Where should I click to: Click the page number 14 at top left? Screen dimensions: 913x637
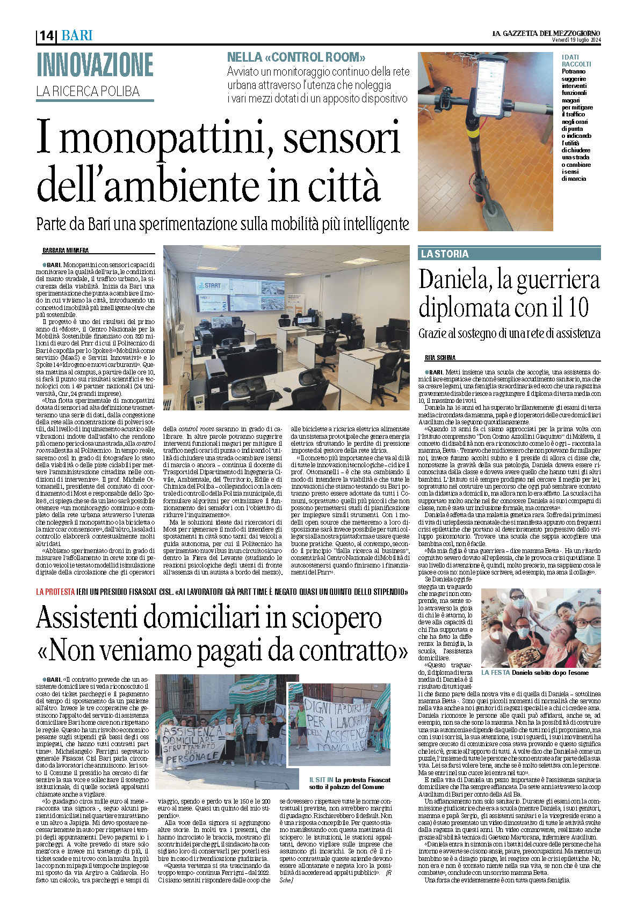[46, 35]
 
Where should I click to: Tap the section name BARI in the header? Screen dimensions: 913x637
[77, 35]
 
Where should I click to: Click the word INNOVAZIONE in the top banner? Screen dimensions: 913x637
[95, 65]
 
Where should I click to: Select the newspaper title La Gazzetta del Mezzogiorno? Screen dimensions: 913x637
[546, 33]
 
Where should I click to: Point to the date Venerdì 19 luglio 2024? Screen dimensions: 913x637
[576, 40]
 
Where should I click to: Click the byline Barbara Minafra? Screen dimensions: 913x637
[65, 251]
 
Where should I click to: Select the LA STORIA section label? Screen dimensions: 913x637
[445, 254]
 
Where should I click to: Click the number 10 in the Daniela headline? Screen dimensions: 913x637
[574, 308]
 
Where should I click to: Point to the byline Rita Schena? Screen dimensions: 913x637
[440, 357]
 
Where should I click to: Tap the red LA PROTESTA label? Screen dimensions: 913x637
[55, 592]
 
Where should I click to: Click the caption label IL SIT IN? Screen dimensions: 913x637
[321, 780]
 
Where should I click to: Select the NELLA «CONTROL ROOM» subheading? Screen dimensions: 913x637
[296, 57]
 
